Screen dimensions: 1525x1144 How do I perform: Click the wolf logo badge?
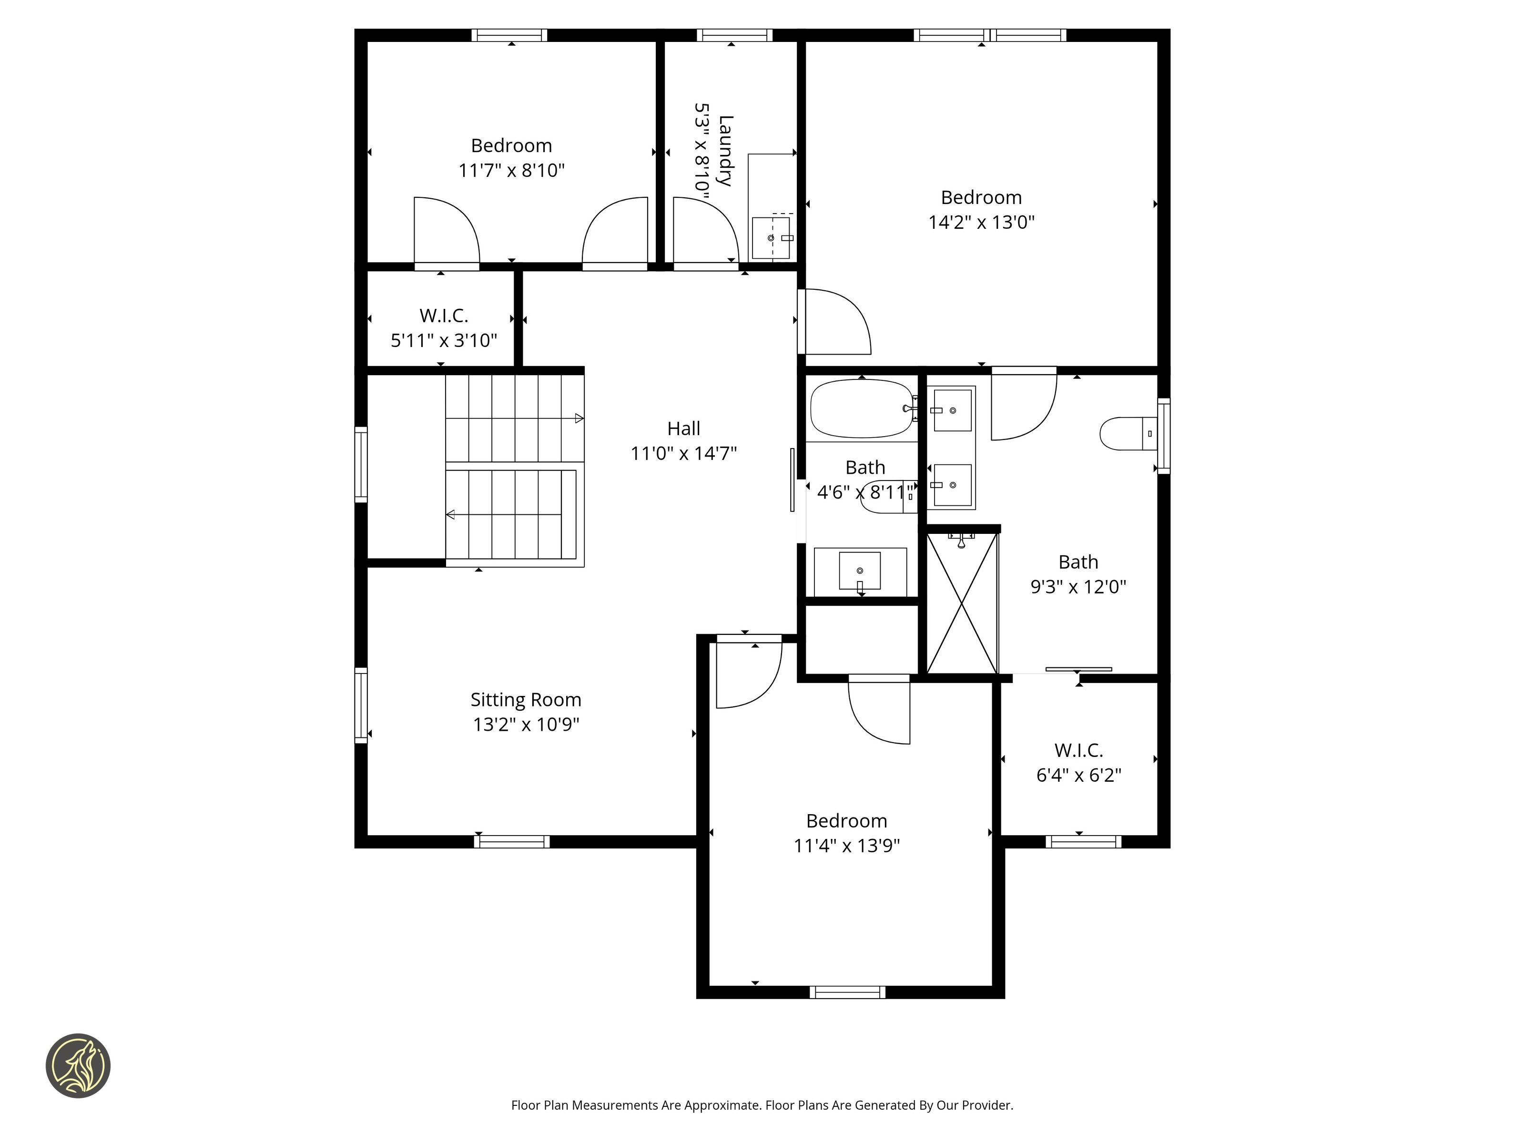click(x=78, y=1065)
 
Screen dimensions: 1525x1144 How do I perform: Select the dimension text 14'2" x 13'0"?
click(x=981, y=222)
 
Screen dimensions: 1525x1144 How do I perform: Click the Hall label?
click(x=683, y=428)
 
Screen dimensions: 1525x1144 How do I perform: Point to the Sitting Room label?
click(x=526, y=700)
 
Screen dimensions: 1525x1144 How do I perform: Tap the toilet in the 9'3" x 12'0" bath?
click(x=1128, y=434)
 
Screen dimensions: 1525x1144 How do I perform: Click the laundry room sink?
click(x=772, y=238)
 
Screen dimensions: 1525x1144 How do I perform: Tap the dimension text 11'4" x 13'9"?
click(x=846, y=846)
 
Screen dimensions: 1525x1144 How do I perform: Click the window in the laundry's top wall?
click(x=734, y=35)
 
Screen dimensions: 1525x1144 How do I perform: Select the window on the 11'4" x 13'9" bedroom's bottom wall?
click(x=847, y=992)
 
